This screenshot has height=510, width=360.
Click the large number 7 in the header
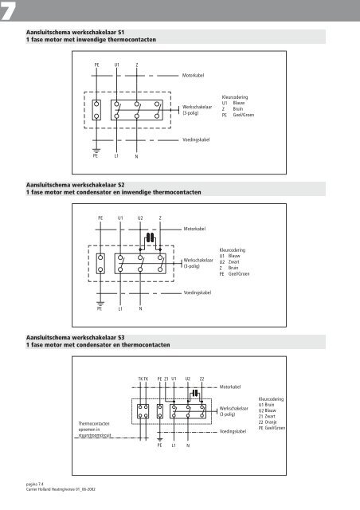[10, 10]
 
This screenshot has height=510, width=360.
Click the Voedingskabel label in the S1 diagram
[198, 139]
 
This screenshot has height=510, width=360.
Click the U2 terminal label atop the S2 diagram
[140, 217]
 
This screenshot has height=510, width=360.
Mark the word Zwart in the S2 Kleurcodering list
[237, 284]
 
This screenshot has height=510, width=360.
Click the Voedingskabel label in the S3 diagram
[233, 430]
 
